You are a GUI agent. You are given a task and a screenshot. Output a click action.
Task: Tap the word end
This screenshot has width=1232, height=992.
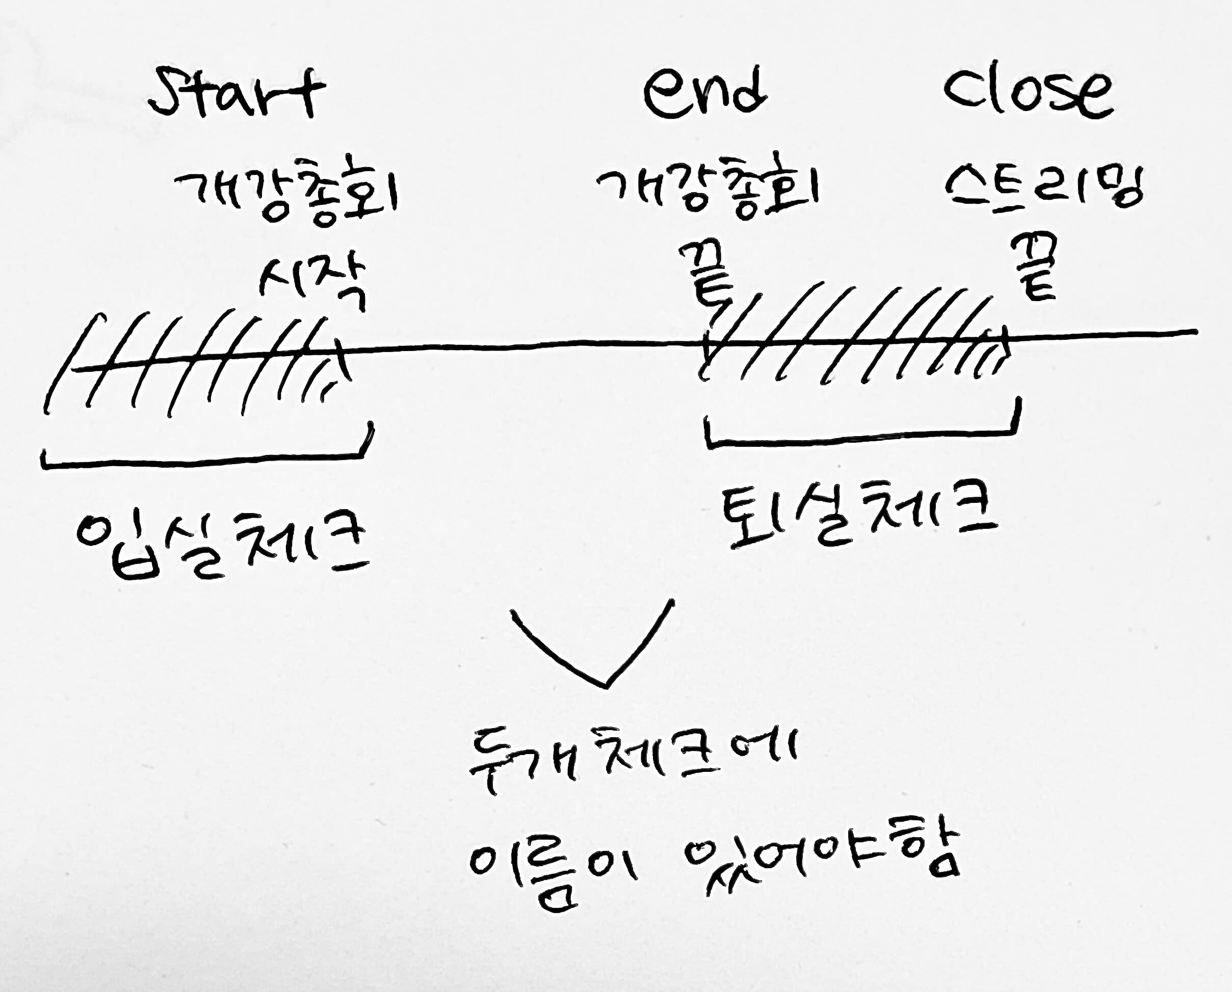point(704,93)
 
